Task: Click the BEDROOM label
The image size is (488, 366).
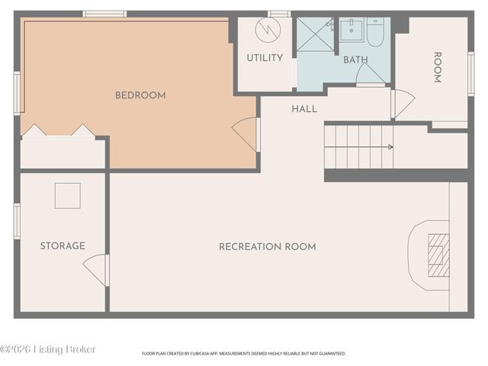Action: pyautogui.click(x=140, y=95)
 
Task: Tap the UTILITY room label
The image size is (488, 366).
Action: pyautogui.click(x=265, y=58)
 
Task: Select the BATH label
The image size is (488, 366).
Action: pyautogui.click(x=355, y=59)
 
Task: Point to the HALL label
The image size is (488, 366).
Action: pyautogui.click(x=304, y=109)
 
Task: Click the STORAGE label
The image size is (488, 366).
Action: pyautogui.click(x=63, y=246)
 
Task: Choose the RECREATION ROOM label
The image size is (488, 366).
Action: pyautogui.click(x=268, y=247)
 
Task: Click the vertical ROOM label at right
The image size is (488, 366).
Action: pyautogui.click(x=438, y=67)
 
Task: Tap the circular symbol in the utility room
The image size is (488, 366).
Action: pyautogui.click(x=268, y=30)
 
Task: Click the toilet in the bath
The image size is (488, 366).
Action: pyautogui.click(x=376, y=32)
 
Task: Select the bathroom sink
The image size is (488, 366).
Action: pyautogui.click(x=352, y=30)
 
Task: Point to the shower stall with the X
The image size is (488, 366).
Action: pyautogui.click(x=315, y=34)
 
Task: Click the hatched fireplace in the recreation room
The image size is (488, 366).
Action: pyautogui.click(x=438, y=255)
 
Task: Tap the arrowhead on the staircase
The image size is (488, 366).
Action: pyautogui.click(x=391, y=147)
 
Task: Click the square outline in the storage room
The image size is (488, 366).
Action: pyautogui.click(x=68, y=196)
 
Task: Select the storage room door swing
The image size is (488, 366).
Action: pyautogui.click(x=95, y=269)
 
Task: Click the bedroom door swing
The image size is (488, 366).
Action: pyautogui.click(x=246, y=134)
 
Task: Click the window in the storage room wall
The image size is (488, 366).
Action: pyautogui.click(x=17, y=221)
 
